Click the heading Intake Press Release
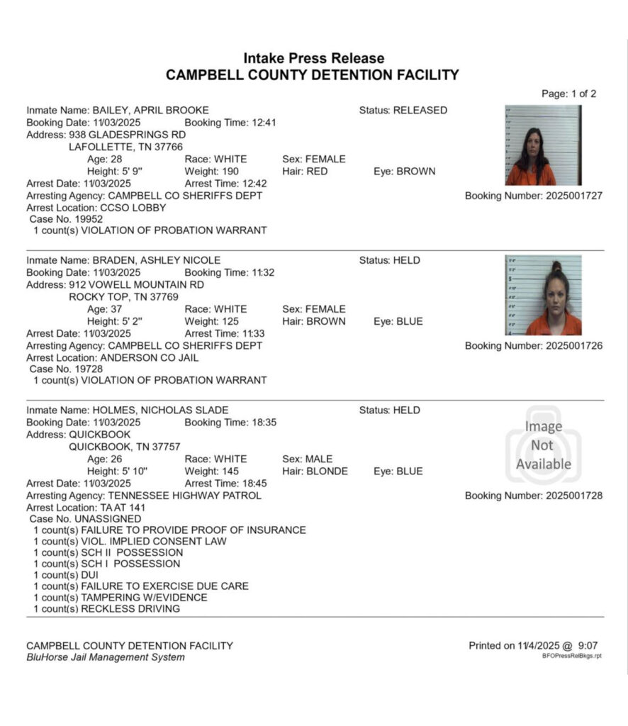point(313,58)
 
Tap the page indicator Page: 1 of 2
point(568,94)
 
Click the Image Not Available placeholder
point(543,445)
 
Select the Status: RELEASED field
point(403,110)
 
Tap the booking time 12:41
point(230,123)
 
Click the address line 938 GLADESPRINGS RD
point(127,135)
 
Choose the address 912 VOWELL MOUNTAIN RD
point(135,284)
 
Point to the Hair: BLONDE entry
point(315,471)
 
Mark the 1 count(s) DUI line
point(66,575)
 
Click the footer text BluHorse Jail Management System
point(105,657)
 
